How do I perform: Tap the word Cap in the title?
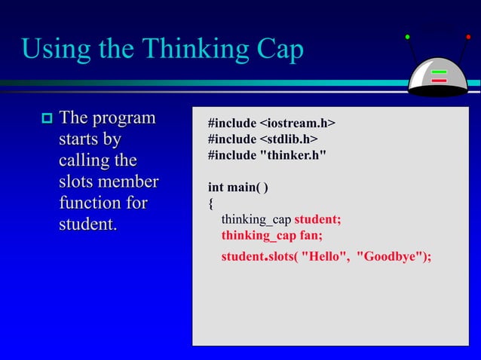point(274,50)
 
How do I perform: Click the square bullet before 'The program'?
point(45,118)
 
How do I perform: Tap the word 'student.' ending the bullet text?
point(88,224)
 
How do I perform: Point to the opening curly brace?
point(211,203)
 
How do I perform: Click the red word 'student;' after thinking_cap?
point(317,219)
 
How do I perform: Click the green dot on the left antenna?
point(408,36)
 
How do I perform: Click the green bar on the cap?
point(439,73)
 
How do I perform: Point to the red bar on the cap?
point(439,81)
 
